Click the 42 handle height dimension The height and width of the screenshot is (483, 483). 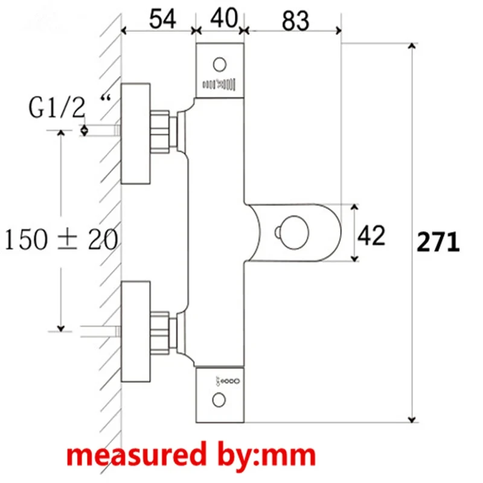(x=372, y=235)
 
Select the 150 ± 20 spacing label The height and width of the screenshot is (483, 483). (x=61, y=240)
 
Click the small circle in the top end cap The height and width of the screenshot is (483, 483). (x=220, y=63)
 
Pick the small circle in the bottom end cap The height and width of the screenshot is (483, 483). (x=220, y=398)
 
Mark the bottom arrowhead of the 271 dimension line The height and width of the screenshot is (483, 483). (x=413, y=418)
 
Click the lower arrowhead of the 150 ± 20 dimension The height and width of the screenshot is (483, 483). (x=60, y=327)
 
